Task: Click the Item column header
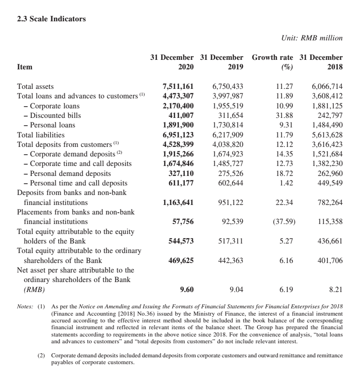click(25, 67)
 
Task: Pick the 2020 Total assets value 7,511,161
click(178, 86)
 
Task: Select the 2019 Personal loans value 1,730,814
click(228, 125)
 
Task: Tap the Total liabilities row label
click(41, 135)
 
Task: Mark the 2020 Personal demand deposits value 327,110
click(181, 174)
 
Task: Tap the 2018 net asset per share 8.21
click(335, 289)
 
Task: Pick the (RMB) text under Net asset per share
click(35, 289)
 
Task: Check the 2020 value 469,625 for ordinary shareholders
click(181, 261)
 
